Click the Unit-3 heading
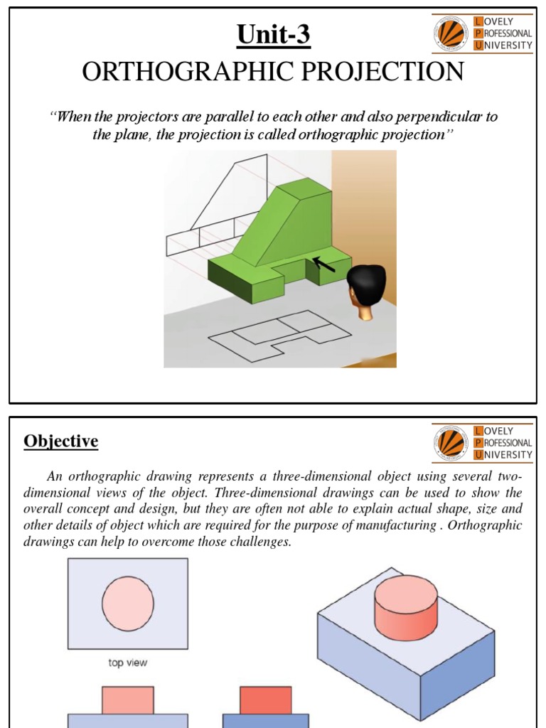pos(273,34)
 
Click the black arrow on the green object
pos(326,264)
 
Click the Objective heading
pos(61,441)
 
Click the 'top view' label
pos(127,663)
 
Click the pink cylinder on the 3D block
pos(405,609)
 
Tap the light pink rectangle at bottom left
pos(128,700)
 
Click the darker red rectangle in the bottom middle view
pos(265,700)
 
